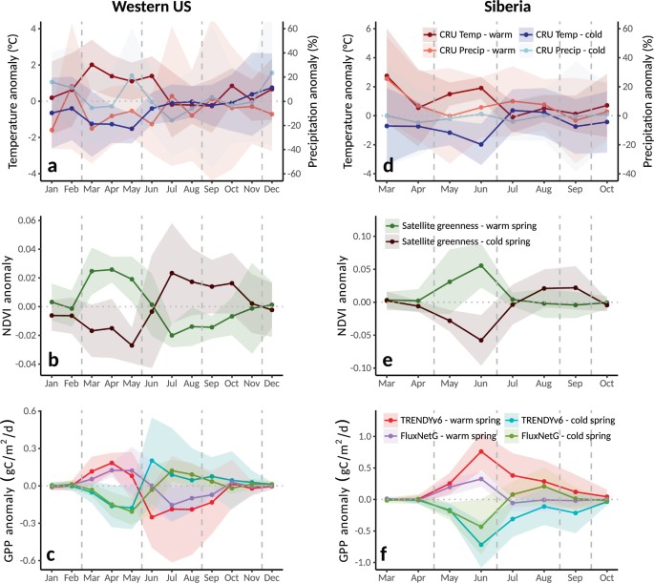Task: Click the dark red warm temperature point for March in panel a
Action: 92,66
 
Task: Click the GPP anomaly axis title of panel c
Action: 13,487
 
